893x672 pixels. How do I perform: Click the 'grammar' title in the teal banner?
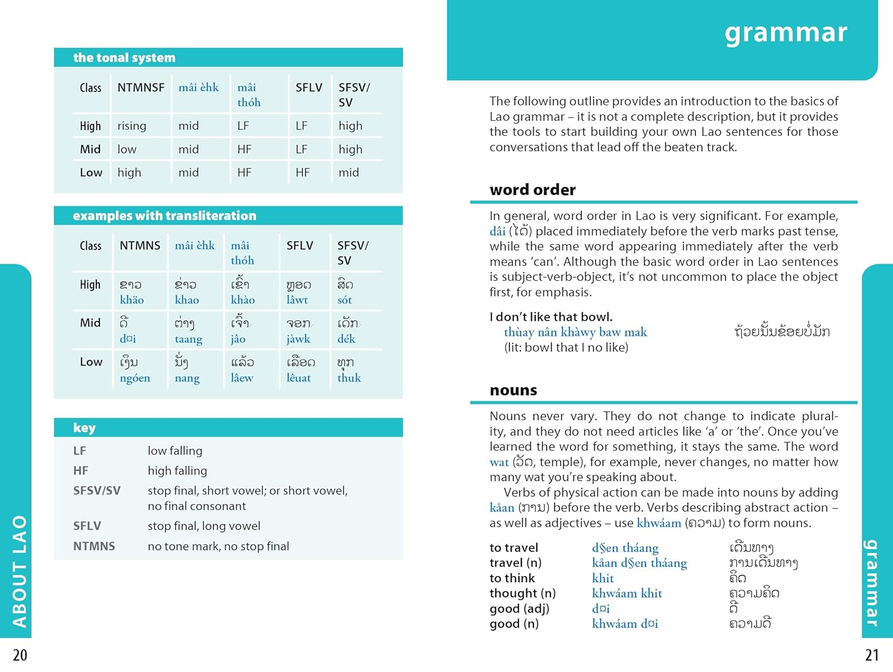pos(785,33)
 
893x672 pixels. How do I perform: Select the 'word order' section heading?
pos(532,190)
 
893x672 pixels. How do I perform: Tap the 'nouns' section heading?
pos(513,390)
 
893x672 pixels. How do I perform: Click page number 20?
pos(20,655)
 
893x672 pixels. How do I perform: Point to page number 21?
pos(872,655)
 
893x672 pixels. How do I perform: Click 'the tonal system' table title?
pos(124,58)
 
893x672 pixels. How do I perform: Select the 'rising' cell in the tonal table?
pos(132,126)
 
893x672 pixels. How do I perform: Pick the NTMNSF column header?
pos(140,87)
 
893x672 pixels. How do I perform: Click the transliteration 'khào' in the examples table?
pos(242,300)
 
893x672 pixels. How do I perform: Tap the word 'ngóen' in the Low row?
pos(135,378)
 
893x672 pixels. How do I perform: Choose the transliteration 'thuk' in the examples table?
pos(349,378)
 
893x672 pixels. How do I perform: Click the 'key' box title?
pos(84,428)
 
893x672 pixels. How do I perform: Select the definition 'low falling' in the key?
pos(175,451)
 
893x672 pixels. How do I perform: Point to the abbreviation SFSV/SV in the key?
pos(96,490)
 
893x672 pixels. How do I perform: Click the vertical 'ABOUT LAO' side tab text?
pos(20,571)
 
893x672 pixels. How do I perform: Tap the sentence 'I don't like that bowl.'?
pos(551,317)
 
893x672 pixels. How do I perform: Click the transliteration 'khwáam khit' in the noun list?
pos(627,593)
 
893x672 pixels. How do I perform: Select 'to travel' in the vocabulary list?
pos(514,548)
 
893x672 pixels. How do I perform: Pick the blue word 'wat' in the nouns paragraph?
pos(499,462)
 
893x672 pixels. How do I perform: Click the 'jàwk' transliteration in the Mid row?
pos(298,339)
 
